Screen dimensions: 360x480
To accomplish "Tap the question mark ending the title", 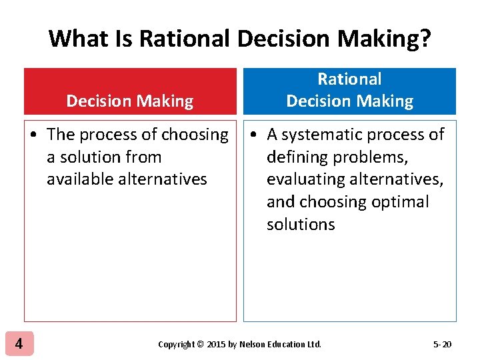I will pos(424,38).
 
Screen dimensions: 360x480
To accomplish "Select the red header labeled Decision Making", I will pos(130,92).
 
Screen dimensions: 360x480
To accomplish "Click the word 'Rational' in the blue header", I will pos(349,79).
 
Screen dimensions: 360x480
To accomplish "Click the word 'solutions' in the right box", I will pos(301,225).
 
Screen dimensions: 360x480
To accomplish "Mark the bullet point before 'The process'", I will pos(33,135).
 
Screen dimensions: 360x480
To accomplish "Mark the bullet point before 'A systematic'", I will pos(254,135).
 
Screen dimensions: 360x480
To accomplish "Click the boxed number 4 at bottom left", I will pos(19,344).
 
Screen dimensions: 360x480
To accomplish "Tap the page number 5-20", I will pos(442,345).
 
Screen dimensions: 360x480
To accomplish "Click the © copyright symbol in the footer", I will pos(201,345).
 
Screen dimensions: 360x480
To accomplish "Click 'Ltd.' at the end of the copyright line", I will pos(313,345).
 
